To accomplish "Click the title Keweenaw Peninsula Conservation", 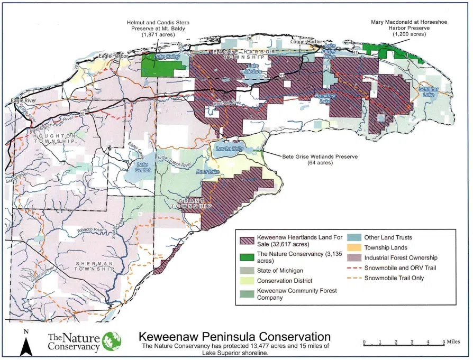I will (234, 336).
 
